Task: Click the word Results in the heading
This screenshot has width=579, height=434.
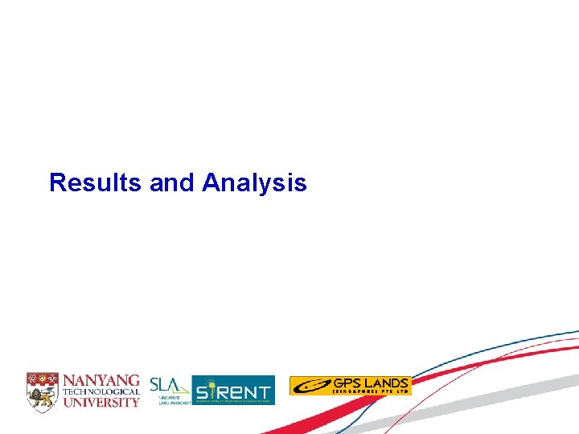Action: tap(96, 183)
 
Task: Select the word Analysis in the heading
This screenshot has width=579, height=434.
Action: tap(254, 183)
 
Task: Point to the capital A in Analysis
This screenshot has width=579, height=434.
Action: tap(211, 183)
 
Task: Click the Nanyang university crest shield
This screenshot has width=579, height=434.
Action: tap(42, 391)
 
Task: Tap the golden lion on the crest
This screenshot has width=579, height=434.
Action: tap(42, 395)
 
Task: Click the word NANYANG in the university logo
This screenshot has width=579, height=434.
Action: tap(101, 380)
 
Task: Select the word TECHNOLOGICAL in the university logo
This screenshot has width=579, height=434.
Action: tap(101, 391)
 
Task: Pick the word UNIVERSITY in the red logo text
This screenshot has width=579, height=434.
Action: tap(101, 402)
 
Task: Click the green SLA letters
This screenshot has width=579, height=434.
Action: tap(165, 385)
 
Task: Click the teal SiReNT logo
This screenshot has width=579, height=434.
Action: tap(233, 390)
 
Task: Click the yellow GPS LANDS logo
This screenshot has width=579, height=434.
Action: tap(350, 386)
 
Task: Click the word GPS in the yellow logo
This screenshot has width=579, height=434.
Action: tap(344, 383)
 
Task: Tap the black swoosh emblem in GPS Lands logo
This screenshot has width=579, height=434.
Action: tap(310, 387)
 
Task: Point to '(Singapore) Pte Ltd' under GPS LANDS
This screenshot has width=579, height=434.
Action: tap(370, 392)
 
